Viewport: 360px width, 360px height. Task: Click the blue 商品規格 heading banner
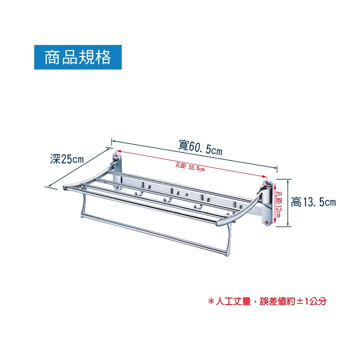(78, 57)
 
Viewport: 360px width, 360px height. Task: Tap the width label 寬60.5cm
(200, 147)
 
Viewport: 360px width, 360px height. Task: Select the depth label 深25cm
(67, 159)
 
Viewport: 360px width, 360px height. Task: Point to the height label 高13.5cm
(313, 202)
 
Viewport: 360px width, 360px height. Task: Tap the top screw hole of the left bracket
(116, 157)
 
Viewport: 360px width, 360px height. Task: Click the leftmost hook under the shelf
(137, 194)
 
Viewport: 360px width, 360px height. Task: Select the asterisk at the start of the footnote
(211, 301)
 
